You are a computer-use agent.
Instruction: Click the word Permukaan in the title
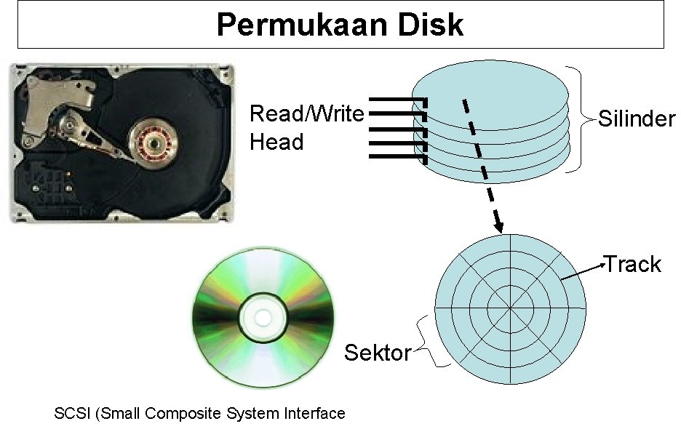[292, 25]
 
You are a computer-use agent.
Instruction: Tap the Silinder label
[637, 119]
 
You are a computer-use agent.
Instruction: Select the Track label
[633, 264]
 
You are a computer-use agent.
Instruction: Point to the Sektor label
[378, 353]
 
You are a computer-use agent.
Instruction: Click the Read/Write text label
[306, 114]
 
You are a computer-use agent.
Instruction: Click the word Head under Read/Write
[276, 142]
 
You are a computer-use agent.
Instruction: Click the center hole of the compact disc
[263, 317]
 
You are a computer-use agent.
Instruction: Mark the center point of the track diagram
[510, 308]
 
